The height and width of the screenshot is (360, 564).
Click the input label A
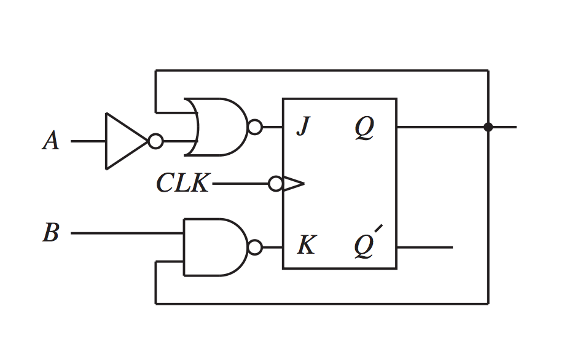click(51, 141)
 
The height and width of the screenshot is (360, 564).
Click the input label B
click(51, 233)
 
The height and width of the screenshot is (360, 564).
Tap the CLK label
click(182, 184)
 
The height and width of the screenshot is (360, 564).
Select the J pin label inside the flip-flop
click(302, 128)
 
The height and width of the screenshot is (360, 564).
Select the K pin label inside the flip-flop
click(305, 246)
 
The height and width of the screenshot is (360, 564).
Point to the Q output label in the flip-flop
click(364, 128)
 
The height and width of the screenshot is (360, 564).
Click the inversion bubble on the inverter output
click(156, 141)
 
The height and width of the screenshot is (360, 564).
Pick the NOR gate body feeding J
click(218, 127)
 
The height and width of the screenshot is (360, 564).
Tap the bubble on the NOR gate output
click(255, 128)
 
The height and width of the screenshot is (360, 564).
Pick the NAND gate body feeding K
click(212, 247)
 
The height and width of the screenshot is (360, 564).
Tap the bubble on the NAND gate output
click(255, 248)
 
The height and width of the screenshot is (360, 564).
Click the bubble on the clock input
click(276, 184)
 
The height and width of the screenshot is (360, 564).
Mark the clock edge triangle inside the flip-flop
click(292, 184)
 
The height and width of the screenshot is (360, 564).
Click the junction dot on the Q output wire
click(488, 127)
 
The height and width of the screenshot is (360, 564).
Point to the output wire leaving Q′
click(424, 248)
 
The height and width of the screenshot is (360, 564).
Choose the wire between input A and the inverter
click(88, 141)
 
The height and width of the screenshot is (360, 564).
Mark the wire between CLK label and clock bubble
click(240, 184)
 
